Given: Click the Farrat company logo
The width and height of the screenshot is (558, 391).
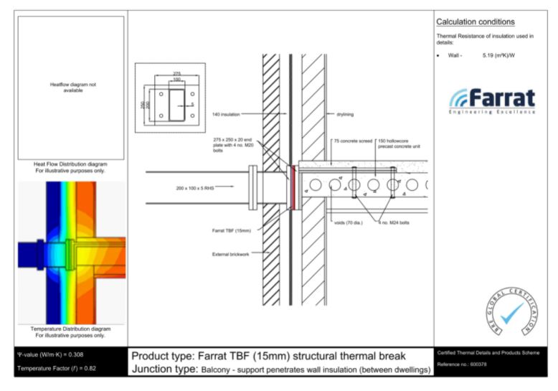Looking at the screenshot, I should click(x=492, y=100).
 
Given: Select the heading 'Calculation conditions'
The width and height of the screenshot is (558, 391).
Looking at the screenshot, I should click(x=475, y=22).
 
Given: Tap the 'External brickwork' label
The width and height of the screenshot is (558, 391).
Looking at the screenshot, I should click(x=231, y=254).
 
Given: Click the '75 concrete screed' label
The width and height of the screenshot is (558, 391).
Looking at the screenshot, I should click(x=353, y=141).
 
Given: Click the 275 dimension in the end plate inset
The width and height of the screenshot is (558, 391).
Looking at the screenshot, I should click(x=176, y=73).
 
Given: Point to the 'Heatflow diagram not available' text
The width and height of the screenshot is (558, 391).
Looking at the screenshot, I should click(x=71, y=88).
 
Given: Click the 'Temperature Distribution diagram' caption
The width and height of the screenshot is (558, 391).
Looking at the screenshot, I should click(x=70, y=329).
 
